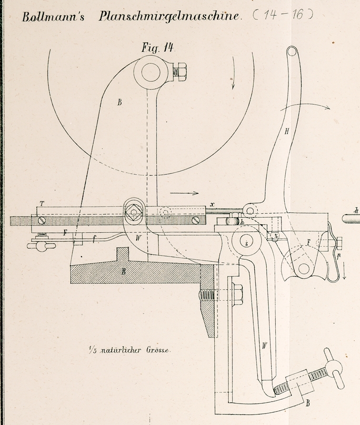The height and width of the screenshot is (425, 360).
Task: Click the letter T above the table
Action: tap(42, 204)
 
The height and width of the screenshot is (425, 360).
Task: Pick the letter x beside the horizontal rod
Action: tap(212, 204)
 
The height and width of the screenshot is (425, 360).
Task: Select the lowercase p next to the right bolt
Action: tap(339, 255)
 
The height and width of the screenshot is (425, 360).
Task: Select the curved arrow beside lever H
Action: tap(305, 107)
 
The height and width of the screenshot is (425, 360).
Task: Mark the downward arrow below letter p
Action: tap(343, 272)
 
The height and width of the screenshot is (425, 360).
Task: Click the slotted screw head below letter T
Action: tap(43, 220)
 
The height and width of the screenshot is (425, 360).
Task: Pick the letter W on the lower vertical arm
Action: tap(264, 346)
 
